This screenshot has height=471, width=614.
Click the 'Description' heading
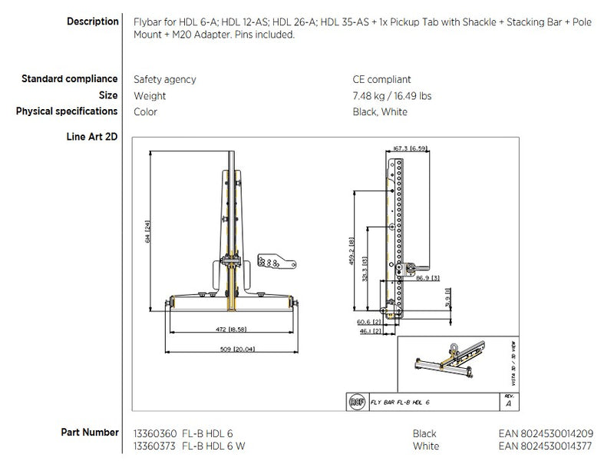pos(92,22)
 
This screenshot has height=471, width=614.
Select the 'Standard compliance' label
pos(69,78)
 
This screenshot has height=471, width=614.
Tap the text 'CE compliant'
pos(381,79)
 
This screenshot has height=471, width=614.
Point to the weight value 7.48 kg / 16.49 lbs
pos(391,96)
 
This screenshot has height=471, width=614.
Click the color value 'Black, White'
pos(380,112)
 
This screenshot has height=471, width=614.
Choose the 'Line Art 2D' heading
pos(93,137)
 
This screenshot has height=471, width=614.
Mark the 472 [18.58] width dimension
pos(229,329)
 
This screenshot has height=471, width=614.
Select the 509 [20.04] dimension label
pos(229,348)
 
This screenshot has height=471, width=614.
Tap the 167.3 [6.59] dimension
pos(409,148)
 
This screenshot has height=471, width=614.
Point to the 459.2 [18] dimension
pos(352,250)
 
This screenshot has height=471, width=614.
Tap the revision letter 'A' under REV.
pos(507,403)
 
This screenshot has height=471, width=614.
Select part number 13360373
pos(156,446)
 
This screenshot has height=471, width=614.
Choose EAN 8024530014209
pos(545,433)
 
